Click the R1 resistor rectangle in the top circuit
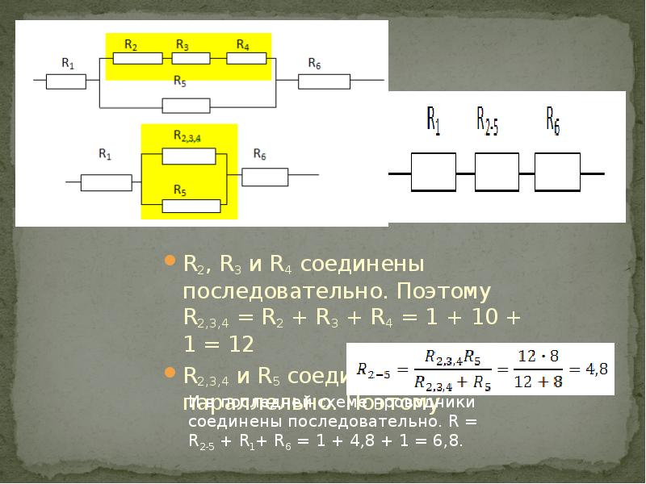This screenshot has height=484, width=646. pos(66,81)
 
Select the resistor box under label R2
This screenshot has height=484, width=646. pos(137,57)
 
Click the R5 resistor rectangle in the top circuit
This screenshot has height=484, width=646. pos(186,106)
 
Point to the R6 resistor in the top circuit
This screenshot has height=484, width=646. pos(324,81)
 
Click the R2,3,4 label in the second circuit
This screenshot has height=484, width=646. pos(187,137)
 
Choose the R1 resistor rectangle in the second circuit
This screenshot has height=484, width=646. pos(106,183)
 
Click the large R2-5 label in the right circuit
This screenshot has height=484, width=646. pos(487,121)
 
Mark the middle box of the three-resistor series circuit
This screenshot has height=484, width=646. pos(496,172)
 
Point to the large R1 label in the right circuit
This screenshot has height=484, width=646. pos(434,121)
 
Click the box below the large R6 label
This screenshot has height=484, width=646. pos(557,172)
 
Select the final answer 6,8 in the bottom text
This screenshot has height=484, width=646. pos(448,441)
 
